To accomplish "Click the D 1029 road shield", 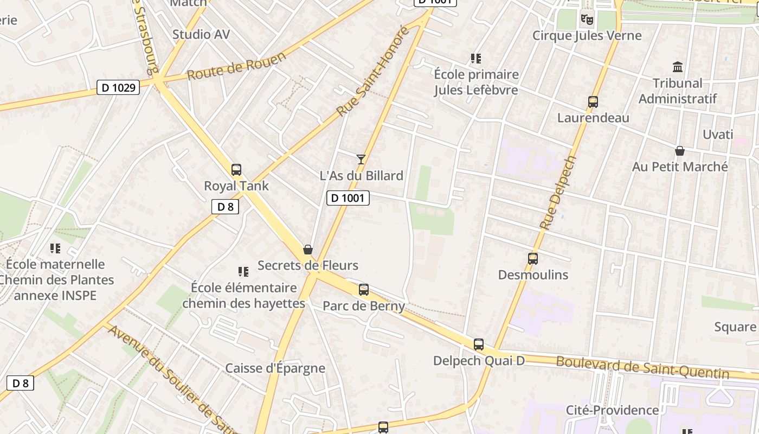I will (118, 87).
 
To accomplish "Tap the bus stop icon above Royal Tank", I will (236, 170).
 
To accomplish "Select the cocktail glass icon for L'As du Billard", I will (361, 159).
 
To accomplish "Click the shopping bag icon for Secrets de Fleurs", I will (308, 250).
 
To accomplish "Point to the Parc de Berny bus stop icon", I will (364, 290).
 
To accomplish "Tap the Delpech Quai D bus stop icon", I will (478, 344).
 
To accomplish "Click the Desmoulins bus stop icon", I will (533, 259).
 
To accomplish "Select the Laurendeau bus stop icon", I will (593, 102).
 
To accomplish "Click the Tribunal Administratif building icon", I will (678, 67).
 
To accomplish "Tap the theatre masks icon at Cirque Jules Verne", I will (587, 20).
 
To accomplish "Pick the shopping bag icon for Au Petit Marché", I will (680, 151).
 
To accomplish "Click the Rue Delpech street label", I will (557, 193).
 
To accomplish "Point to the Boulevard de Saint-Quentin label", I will (642, 367).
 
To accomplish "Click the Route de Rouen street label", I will (236, 66).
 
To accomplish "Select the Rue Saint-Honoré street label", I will (372, 71).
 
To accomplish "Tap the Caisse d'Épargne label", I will (275, 368).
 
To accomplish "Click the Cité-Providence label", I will (612, 410).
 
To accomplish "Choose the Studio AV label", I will (201, 35).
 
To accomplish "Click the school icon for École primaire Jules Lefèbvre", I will (476, 59).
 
